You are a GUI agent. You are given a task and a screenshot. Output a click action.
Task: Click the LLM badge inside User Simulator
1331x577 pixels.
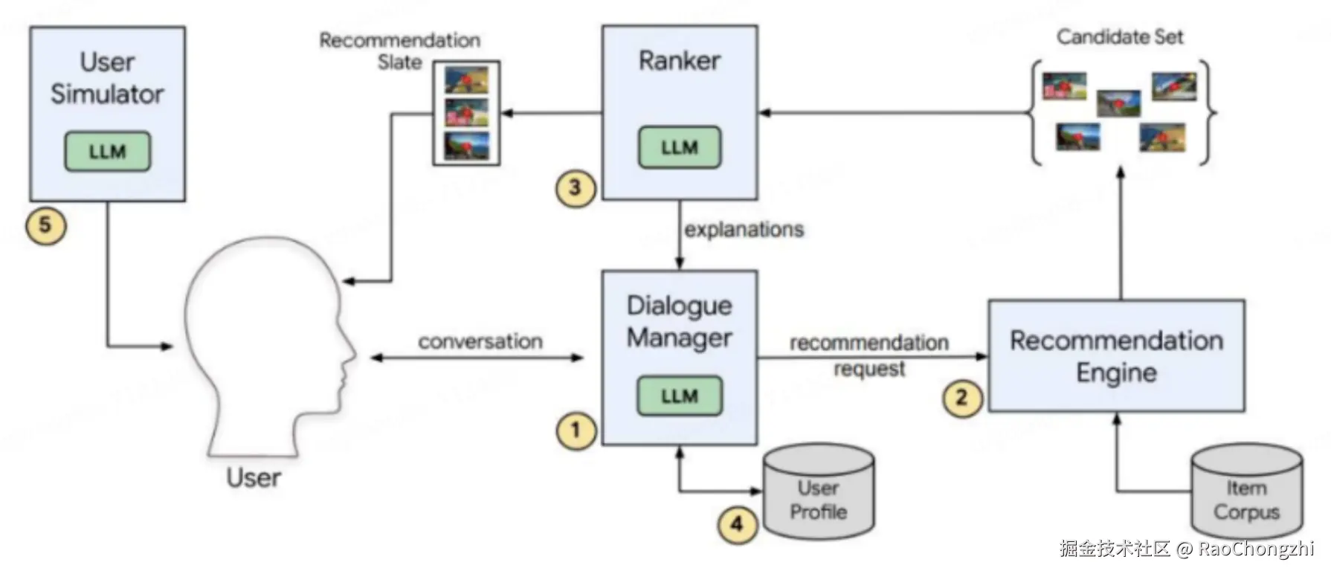(x=107, y=152)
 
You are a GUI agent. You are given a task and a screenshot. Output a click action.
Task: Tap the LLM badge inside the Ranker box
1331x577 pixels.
(x=679, y=147)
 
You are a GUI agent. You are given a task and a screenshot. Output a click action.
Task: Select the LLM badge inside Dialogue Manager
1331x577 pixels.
(x=679, y=396)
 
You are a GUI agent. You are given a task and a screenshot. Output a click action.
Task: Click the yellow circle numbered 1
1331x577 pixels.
(x=576, y=431)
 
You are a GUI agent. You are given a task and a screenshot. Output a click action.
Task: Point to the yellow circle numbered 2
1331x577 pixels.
(x=962, y=397)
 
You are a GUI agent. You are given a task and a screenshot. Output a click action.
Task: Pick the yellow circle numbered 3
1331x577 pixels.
(x=576, y=187)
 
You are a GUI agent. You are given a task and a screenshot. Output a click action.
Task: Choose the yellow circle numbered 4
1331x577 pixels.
(x=737, y=524)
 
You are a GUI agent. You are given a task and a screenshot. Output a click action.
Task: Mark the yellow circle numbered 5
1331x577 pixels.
(x=45, y=225)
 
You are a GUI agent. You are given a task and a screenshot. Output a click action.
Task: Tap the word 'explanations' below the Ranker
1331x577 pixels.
(x=744, y=230)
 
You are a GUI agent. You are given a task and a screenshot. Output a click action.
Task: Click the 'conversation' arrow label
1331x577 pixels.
(x=480, y=342)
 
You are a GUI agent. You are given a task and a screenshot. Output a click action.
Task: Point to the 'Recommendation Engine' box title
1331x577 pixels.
(x=1116, y=356)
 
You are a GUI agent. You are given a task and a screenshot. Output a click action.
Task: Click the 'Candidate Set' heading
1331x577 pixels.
(x=1120, y=37)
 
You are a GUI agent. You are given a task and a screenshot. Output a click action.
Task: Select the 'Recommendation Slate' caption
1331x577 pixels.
(x=400, y=51)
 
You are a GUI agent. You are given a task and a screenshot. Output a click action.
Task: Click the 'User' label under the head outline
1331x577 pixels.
(x=254, y=477)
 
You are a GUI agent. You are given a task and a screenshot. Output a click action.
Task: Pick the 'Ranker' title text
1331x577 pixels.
(x=679, y=61)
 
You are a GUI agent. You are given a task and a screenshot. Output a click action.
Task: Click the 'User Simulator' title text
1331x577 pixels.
(x=107, y=78)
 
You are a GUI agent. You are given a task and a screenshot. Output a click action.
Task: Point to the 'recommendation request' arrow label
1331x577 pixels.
(x=868, y=355)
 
